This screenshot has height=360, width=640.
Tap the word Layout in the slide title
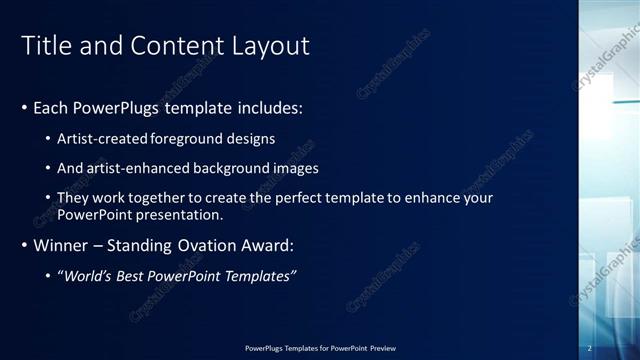[x=269, y=46]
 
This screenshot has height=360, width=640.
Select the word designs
[x=251, y=138]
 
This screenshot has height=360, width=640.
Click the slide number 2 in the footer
[x=590, y=347]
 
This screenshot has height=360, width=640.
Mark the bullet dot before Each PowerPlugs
[x=24, y=107]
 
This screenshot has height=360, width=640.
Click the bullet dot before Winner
[x=24, y=245]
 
